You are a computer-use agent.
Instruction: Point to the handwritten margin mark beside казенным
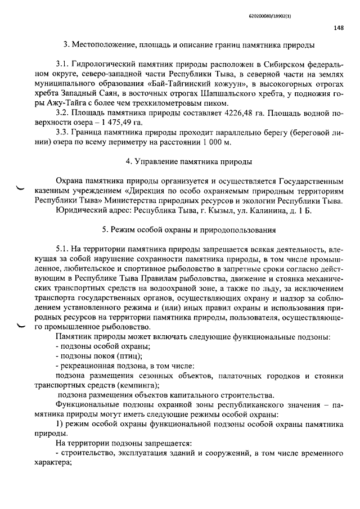tap(21, 189)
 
